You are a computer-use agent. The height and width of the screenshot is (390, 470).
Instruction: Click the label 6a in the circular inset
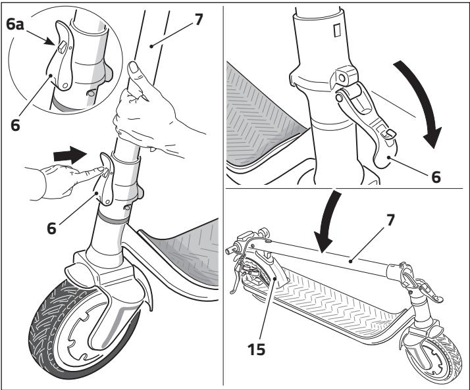(x=18, y=28)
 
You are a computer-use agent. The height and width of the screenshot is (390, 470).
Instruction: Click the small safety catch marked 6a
(x=60, y=47)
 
